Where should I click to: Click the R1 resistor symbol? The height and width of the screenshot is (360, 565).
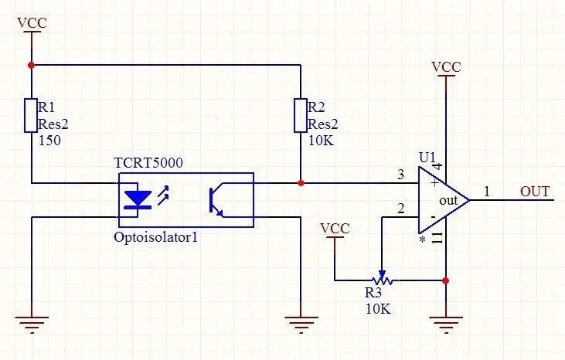(31, 115)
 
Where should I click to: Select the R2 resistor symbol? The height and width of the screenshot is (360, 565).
(300, 115)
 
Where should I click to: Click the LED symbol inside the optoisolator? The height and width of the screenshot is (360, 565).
(138, 199)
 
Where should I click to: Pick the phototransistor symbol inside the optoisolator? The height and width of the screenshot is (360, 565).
(217, 199)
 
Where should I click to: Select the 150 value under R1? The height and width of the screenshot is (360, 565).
(49, 141)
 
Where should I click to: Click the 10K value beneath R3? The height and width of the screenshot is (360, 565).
(378, 308)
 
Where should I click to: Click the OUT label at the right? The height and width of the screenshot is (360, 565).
(536, 191)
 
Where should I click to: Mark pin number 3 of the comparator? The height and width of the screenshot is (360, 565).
(400, 175)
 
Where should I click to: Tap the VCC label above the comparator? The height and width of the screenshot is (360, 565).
(446, 66)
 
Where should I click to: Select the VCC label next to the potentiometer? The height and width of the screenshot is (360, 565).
(334, 229)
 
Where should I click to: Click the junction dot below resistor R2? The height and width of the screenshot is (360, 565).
(300, 183)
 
